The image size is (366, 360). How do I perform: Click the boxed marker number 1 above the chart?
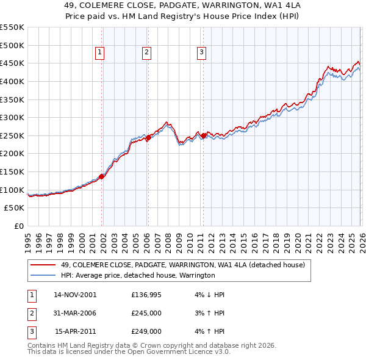click(x=99, y=53)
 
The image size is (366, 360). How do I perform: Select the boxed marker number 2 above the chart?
click(x=147, y=53)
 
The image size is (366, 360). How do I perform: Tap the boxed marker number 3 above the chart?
click(x=201, y=53)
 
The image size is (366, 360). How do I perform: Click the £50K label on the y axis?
click(x=14, y=208)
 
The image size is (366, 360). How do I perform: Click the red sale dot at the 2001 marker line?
click(x=102, y=176)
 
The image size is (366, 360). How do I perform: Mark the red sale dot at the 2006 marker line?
click(x=148, y=138)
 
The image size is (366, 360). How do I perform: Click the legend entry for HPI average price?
click(x=138, y=275)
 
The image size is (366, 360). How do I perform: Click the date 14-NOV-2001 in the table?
click(x=75, y=295)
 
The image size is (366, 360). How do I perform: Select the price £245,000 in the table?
click(x=146, y=313)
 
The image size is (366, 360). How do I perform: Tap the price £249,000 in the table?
click(x=146, y=331)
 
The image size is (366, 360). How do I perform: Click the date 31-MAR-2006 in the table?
click(x=75, y=313)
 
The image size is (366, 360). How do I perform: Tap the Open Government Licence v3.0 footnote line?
click(x=129, y=352)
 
